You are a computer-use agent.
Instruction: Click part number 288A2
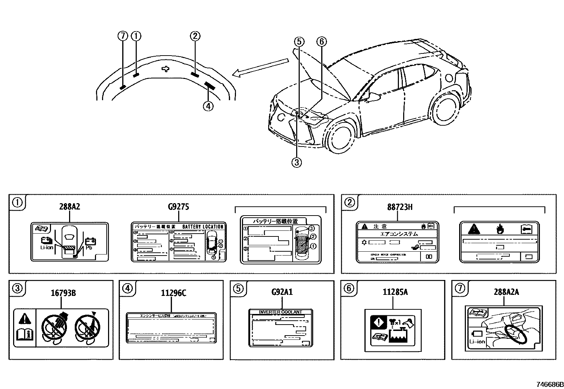click(x=69, y=207)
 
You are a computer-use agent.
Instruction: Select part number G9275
click(x=178, y=207)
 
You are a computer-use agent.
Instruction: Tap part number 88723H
click(x=400, y=207)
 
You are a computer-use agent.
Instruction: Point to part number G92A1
click(x=282, y=292)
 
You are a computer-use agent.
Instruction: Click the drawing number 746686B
click(x=549, y=384)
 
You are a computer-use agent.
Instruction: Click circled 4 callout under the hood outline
click(x=208, y=106)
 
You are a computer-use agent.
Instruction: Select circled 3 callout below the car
click(x=297, y=162)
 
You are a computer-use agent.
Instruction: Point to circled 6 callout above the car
click(x=321, y=42)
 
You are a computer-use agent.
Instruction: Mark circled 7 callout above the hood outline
click(x=123, y=36)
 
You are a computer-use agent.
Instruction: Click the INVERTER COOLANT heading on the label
click(x=281, y=312)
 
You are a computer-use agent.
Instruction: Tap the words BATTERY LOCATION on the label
click(x=203, y=227)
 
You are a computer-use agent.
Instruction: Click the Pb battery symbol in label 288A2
click(x=90, y=242)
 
